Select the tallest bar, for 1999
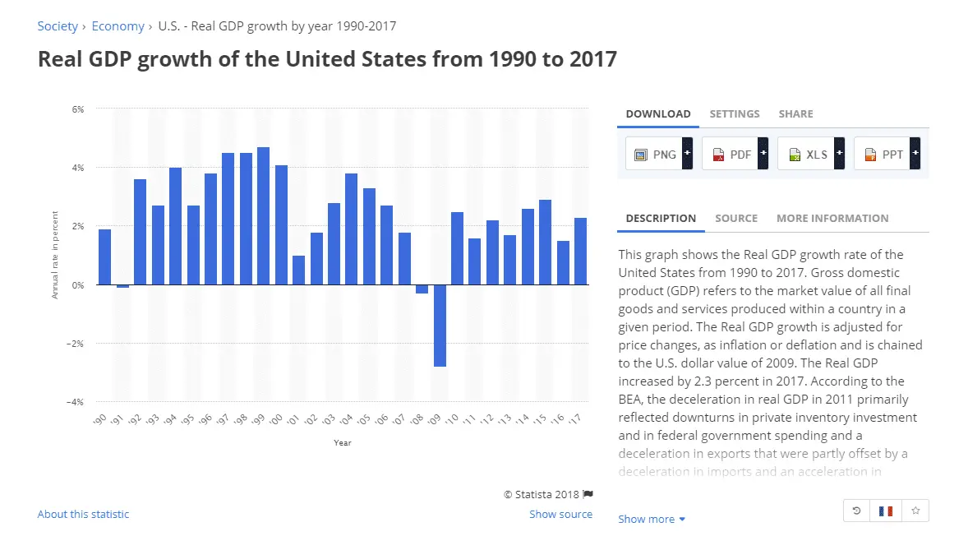click(x=263, y=215)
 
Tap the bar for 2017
click(x=580, y=251)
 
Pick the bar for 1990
click(x=104, y=257)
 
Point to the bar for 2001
click(x=298, y=270)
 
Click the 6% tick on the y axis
click(x=79, y=109)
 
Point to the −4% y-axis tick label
click(x=76, y=402)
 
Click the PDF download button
click(x=735, y=154)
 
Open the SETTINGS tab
click(x=735, y=114)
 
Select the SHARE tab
click(x=795, y=114)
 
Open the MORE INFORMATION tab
click(x=832, y=219)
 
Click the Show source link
click(x=560, y=515)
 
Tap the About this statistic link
click(x=83, y=515)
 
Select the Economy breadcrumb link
click(x=118, y=26)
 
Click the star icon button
click(x=915, y=511)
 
